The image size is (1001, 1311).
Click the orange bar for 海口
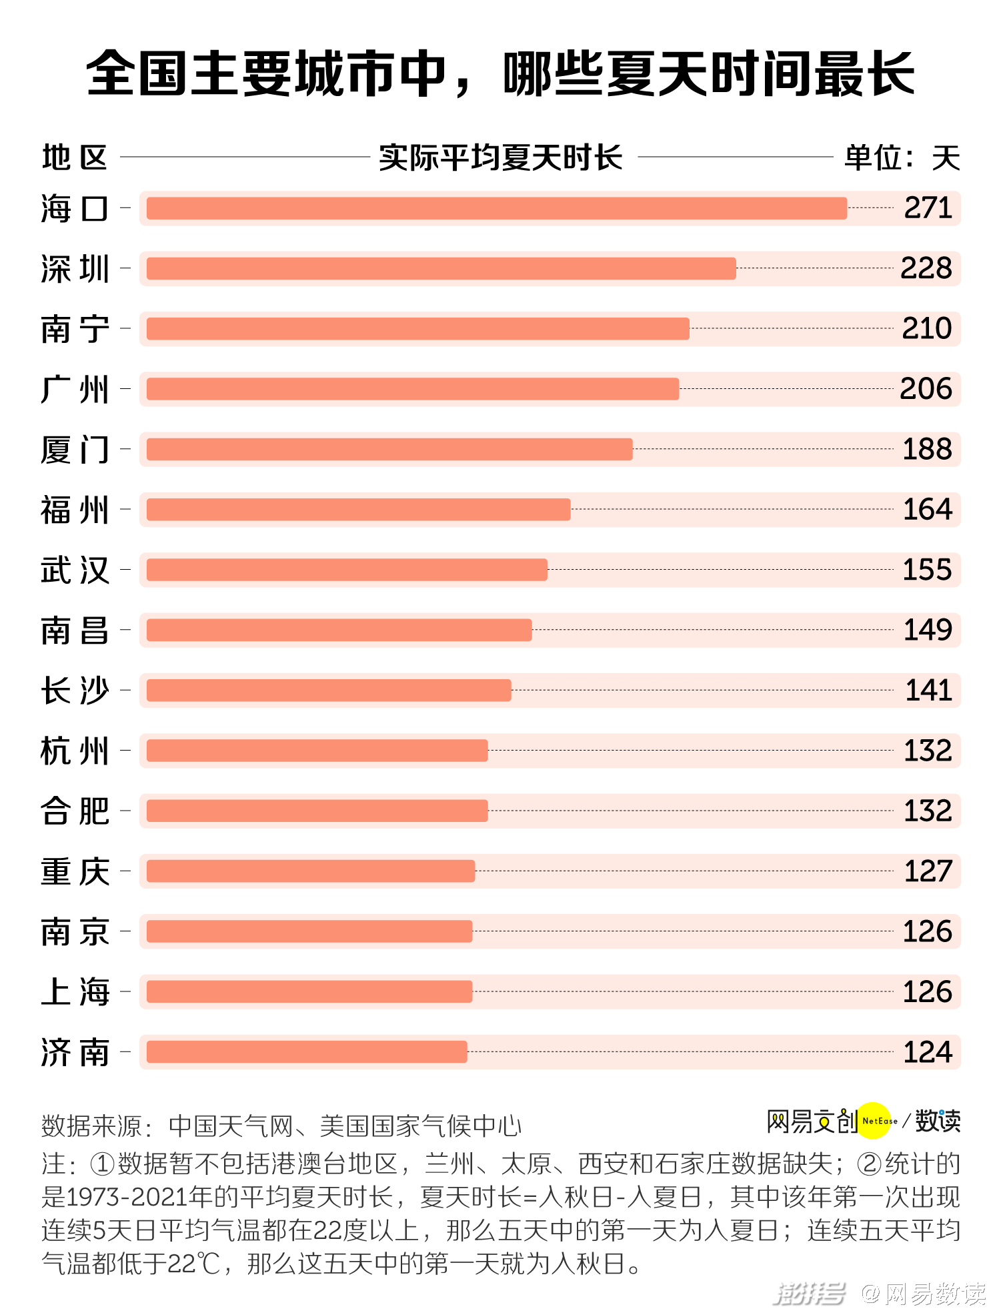click(497, 208)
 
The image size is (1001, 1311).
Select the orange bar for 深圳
click(441, 268)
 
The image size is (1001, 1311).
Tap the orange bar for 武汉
click(347, 570)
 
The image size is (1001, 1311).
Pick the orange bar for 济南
click(307, 1052)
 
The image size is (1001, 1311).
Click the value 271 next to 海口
click(928, 208)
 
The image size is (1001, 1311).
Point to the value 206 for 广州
click(926, 389)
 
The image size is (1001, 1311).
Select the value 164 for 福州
click(927, 510)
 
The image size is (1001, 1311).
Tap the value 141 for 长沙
click(928, 691)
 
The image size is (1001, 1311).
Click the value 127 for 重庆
click(928, 871)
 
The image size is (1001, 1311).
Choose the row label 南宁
click(75, 329)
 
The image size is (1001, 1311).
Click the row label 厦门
click(75, 450)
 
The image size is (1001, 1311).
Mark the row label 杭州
click(75, 751)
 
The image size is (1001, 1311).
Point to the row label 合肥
click(75, 811)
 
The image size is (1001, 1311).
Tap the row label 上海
click(75, 992)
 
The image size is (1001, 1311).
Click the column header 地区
click(75, 157)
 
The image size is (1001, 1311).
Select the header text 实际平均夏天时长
click(500, 157)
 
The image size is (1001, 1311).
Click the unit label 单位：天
click(902, 158)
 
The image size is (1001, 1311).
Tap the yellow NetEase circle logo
click(874, 1121)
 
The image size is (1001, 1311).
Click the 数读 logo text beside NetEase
click(938, 1121)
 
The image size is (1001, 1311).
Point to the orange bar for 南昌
click(339, 630)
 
